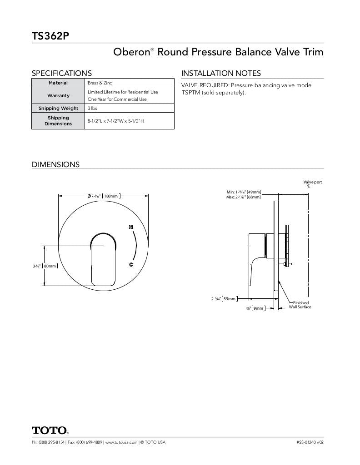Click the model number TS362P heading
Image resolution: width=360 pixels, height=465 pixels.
(x=50, y=36)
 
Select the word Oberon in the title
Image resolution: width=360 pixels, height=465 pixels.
(x=131, y=52)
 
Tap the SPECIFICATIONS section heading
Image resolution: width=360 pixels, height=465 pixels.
(x=61, y=73)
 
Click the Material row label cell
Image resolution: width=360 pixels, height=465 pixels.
(x=58, y=83)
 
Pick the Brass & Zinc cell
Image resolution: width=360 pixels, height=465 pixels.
(x=100, y=83)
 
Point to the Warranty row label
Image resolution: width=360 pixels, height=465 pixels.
(x=58, y=95)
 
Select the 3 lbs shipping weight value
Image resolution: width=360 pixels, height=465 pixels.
(x=92, y=109)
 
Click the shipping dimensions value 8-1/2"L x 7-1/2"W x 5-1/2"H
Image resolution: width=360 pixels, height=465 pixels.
(x=115, y=121)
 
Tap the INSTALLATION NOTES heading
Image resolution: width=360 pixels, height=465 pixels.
(x=221, y=73)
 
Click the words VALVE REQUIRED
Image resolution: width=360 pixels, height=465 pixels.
(x=205, y=85)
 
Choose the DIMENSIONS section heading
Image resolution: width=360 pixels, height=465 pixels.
(x=55, y=164)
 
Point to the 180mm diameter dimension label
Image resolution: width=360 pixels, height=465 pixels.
(x=110, y=196)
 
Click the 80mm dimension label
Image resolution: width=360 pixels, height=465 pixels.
(x=50, y=266)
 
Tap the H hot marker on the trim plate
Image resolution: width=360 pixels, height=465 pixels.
(x=131, y=227)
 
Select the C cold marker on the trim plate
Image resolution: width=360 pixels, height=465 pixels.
(x=131, y=264)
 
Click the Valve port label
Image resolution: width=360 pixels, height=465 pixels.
(x=312, y=182)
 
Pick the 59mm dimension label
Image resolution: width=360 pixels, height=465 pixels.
(x=230, y=299)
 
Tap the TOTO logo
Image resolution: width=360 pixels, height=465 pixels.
(x=50, y=430)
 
